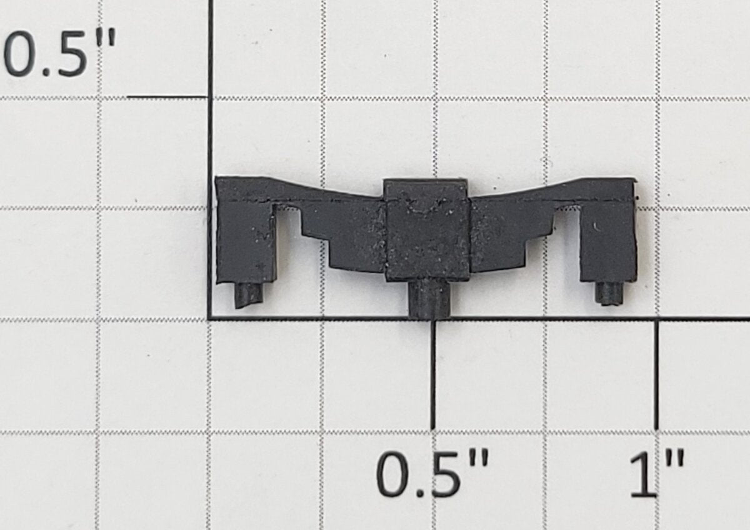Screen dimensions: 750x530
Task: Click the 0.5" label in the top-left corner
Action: (x=59, y=52)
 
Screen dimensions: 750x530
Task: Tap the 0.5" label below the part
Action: (x=432, y=473)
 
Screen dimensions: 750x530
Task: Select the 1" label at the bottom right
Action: (x=657, y=473)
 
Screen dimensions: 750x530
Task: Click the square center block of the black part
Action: (x=426, y=231)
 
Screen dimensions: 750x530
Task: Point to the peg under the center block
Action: (x=429, y=299)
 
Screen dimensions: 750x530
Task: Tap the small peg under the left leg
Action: (x=248, y=295)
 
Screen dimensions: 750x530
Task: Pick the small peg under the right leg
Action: (x=608, y=293)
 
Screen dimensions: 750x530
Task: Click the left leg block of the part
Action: (x=246, y=242)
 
